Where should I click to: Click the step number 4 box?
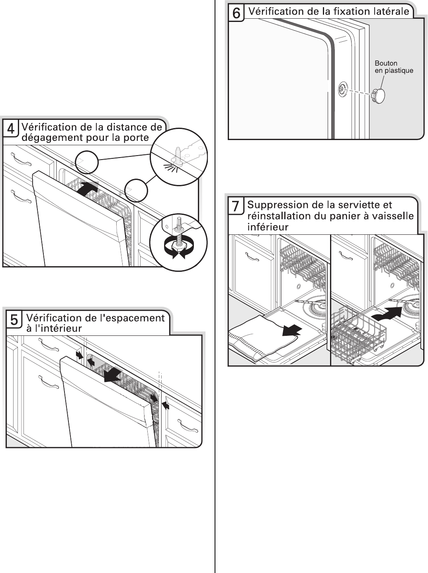[x=11, y=129]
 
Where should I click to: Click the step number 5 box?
[x=14, y=320]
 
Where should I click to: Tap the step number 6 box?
[x=236, y=13]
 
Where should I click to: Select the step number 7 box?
[x=236, y=206]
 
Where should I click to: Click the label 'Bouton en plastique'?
[x=393, y=67]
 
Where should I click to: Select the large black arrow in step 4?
[x=87, y=188]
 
